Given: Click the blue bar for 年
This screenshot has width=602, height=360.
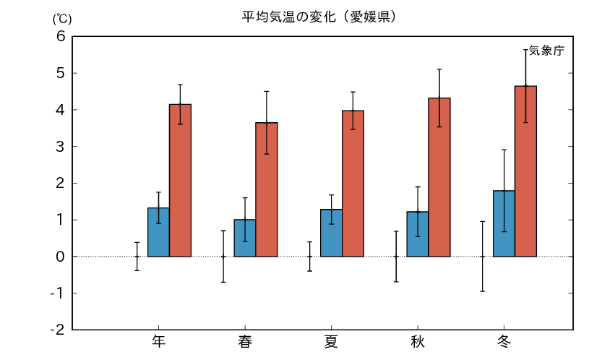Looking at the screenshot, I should click(158, 232).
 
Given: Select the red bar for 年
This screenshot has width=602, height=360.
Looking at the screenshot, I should click(180, 180).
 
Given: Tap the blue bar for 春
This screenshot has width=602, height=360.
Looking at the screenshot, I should click(245, 238).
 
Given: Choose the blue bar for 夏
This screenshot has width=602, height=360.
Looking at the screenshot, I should click(331, 233).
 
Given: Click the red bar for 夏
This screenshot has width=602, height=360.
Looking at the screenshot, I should click(353, 184).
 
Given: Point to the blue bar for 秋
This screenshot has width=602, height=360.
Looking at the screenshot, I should click(418, 234).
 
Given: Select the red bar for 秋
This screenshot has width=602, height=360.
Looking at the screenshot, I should click(439, 177).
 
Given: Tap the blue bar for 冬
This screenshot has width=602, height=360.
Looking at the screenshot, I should click(504, 223).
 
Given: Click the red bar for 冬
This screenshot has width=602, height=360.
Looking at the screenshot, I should click(525, 171).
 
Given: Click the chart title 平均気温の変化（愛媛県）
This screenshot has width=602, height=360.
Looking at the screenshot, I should click(317, 15).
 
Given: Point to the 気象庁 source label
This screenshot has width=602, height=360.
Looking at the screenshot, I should click(546, 51).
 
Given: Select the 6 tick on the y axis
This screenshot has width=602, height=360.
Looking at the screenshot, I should click(61, 37).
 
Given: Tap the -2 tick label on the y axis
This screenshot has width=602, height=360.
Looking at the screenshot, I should click(58, 330).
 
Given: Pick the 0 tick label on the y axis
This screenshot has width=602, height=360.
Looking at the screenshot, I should click(61, 257).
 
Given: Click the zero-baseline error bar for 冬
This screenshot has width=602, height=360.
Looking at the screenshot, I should click(482, 257).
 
